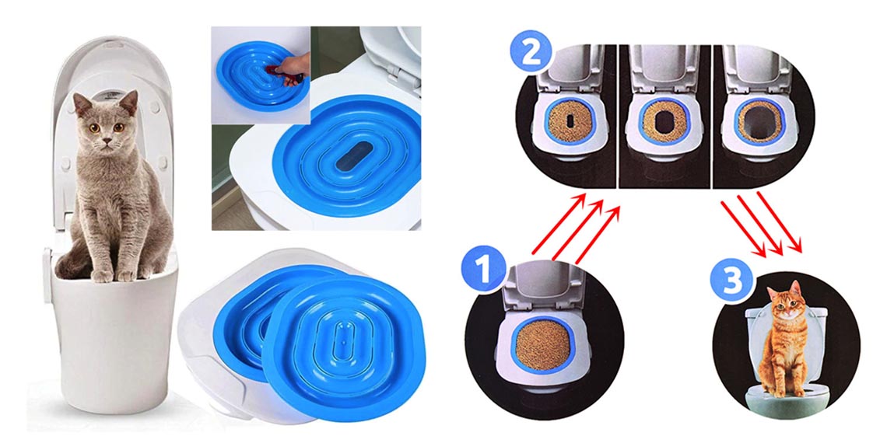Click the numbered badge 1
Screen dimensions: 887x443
pos(484,270)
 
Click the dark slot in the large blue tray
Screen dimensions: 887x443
pos(353,155)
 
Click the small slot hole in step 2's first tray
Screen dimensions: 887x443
pos(570,121)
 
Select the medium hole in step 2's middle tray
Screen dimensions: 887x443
pos(663,121)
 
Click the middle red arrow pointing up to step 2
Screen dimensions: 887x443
pos(577,231)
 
